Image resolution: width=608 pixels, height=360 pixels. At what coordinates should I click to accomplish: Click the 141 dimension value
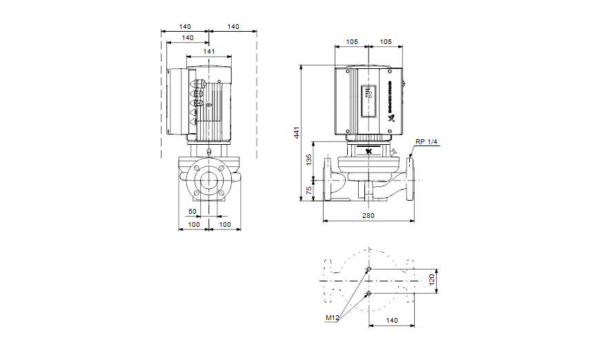(209, 52)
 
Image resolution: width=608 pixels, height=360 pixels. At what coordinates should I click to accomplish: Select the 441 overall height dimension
(297, 133)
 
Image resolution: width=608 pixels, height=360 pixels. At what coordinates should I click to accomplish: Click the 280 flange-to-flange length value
(369, 216)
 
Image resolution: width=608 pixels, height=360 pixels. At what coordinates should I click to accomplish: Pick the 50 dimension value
(193, 211)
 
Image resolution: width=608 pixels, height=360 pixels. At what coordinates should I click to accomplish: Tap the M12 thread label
(333, 319)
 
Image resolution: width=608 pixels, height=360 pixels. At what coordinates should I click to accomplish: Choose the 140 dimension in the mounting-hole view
(392, 321)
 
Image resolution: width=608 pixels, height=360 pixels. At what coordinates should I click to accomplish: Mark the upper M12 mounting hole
(369, 268)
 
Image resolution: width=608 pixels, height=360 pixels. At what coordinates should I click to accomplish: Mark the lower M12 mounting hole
(369, 293)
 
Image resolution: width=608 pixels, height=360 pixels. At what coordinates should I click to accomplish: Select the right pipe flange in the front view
(411, 177)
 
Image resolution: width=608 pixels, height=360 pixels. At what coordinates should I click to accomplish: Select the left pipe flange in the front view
(326, 177)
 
